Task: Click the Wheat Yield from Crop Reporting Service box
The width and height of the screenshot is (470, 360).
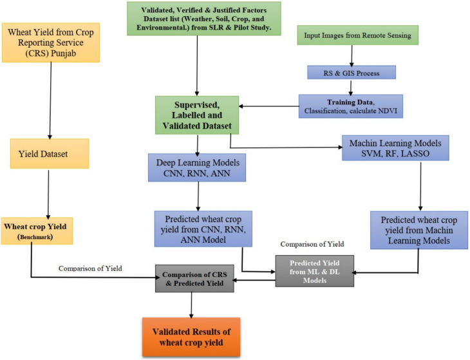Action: (x=52, y=43)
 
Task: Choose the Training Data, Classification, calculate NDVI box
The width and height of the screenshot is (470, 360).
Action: (x=350, y=106)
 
